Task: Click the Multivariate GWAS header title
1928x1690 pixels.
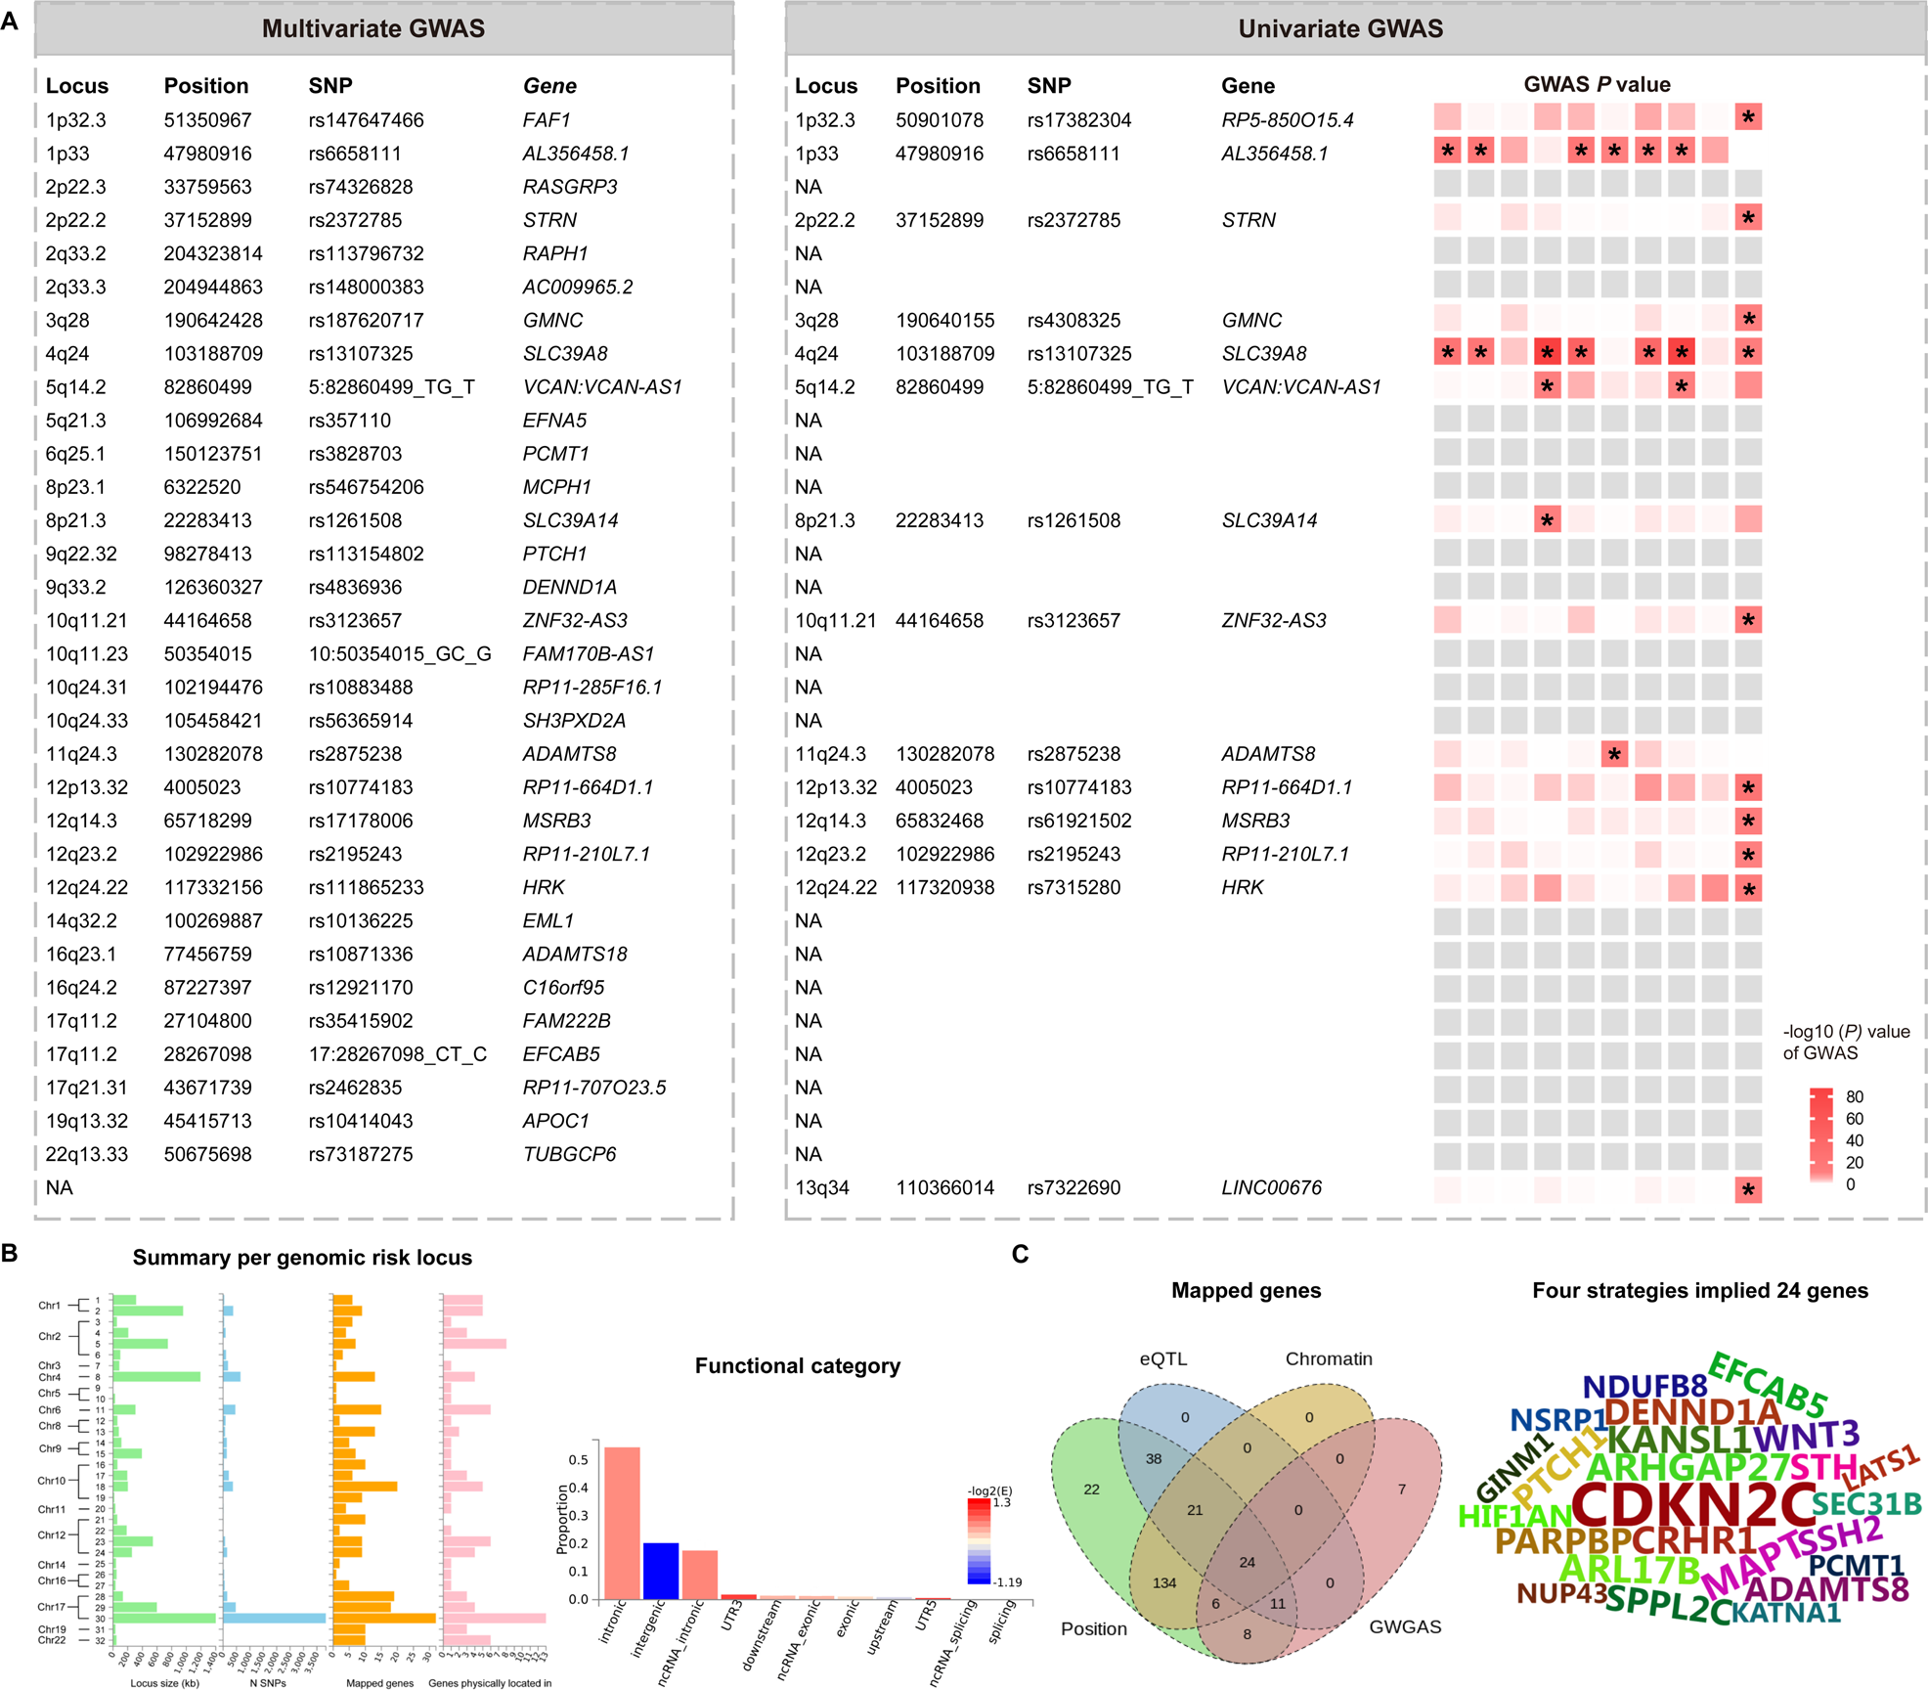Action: tap(372, 28)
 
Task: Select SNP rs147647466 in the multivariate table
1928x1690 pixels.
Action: tap(366, 120)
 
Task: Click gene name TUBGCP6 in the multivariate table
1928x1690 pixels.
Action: tap(569, 1154)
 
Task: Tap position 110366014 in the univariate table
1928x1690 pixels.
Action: tap(944, 1187)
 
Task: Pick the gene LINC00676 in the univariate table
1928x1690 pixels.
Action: tap(1271, 1187)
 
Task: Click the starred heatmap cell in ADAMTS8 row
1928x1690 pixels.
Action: tap(1614, 754)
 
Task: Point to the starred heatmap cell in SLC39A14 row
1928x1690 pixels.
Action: tap(1547, 520)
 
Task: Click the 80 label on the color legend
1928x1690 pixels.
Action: tap(1854, 1096)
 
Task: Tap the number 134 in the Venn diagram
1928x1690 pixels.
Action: tap(1163, 1582)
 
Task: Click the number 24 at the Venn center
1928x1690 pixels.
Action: tap(1247, 1562)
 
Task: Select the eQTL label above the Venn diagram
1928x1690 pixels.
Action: tap(1162, 1358)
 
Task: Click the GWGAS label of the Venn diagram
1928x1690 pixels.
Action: tap(1404, 1626)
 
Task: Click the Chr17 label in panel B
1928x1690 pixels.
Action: tap(51, 1606)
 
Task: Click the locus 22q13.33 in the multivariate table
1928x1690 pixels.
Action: tap(86, 1154)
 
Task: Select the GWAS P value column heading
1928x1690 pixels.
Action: tap(1597, 85)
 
